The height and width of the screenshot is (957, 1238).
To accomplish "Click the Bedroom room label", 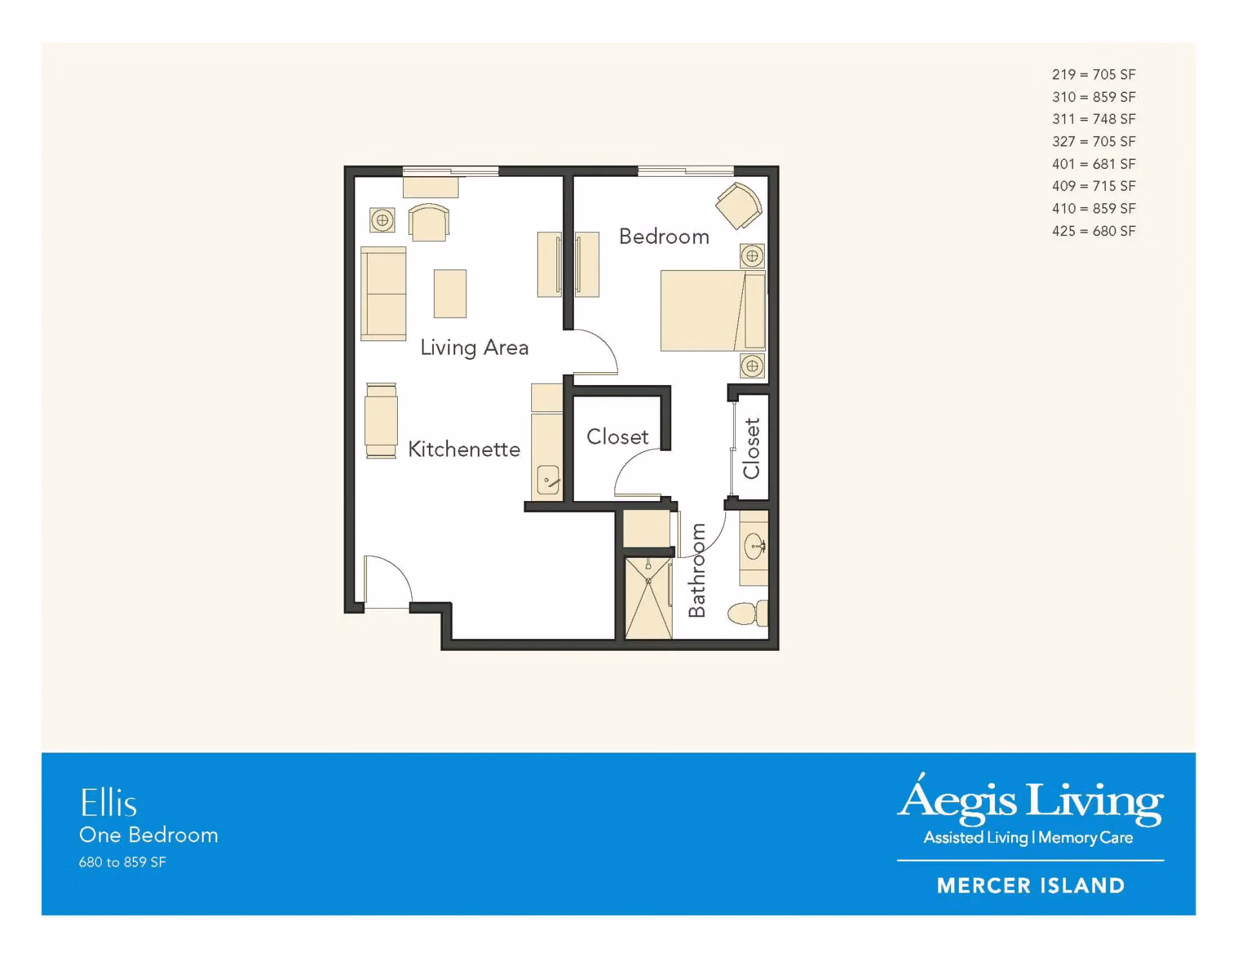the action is (663, 237).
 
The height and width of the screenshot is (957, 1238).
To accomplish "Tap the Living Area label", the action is (474, 348).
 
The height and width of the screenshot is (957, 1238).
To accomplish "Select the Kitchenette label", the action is (464, 449).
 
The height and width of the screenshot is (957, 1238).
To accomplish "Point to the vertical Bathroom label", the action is (697, 570).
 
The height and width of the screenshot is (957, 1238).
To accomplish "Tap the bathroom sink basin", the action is (754, 547).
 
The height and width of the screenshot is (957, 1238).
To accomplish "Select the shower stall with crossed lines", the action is (649, 598).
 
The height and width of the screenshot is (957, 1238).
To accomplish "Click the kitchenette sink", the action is (548, 480).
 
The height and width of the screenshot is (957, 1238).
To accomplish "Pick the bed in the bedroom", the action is (713, 310).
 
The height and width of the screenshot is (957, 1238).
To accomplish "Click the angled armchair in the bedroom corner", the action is (739, 205).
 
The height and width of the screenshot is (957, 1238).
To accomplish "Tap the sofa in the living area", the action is (383, 293).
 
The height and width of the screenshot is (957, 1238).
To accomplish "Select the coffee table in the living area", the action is (450, 293).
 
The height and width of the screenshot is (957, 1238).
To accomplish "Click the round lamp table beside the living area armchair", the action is (382, 220).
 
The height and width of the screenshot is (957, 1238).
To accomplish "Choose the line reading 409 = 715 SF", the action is (1094, 186).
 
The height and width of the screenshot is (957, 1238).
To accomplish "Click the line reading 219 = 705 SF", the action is (1094, 75).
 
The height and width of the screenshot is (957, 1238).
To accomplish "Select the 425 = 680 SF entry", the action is (1094, 231).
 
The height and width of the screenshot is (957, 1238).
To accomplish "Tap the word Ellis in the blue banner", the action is (108, 803).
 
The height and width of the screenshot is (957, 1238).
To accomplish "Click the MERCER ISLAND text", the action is (1030, 885).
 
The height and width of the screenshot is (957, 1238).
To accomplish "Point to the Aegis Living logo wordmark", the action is (1030, 800).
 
